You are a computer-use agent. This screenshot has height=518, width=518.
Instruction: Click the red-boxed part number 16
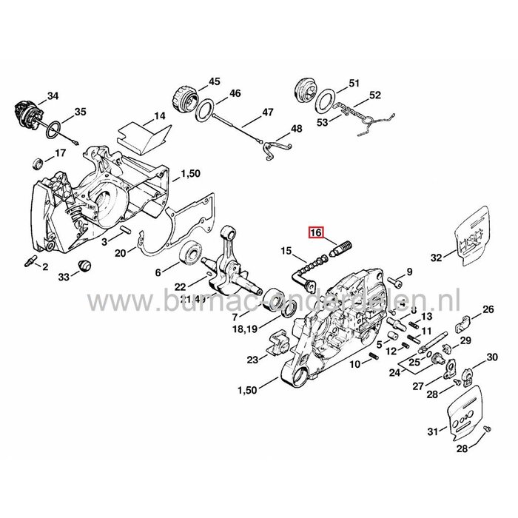(x=316, y=232)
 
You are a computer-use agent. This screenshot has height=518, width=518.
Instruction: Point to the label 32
(x=436, y=258)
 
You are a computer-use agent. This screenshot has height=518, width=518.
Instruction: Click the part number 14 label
(x=158, y=116)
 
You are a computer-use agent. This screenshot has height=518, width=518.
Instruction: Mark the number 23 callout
(x=253, y=360)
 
